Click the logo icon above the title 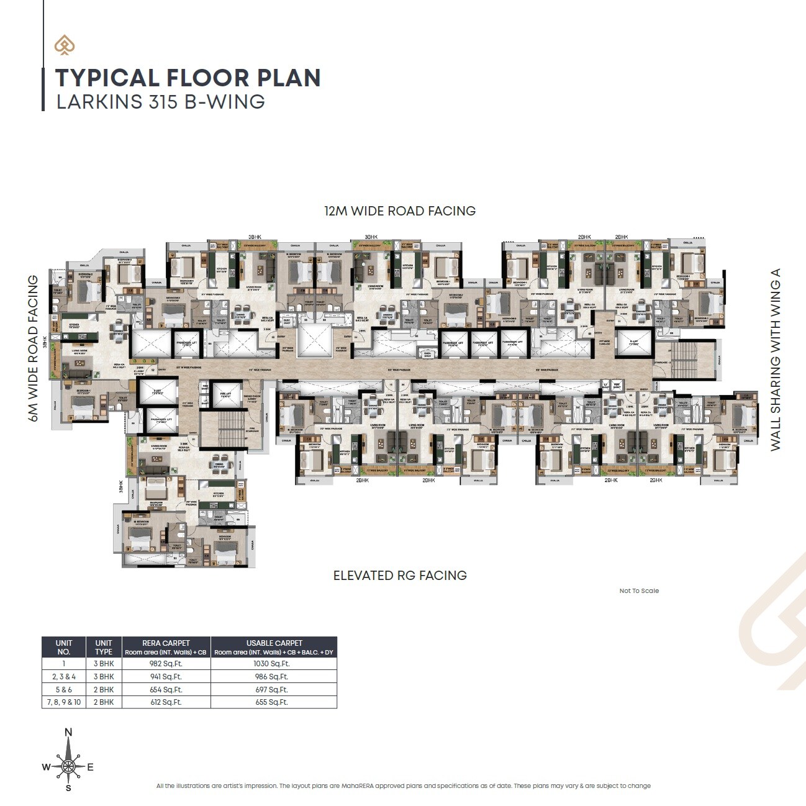[x=64, y=45]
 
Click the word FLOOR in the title [x=207, y=78]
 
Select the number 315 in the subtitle [x=163, y=102]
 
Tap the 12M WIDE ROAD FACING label [x=399, y=211]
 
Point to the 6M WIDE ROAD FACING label [x=34, y=348]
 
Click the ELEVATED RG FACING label [x=400, y=576]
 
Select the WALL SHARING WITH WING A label [x=775, y=360]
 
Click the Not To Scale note [x=639, y=591]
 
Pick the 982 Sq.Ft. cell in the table [x=166, y=664]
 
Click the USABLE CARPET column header [x=274, y=643]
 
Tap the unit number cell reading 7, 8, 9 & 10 [x=64, y=702]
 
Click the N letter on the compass [x=68, y=733]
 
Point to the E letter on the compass [x=90, y=768]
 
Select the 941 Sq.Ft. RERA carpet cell [x=166, y=677]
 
